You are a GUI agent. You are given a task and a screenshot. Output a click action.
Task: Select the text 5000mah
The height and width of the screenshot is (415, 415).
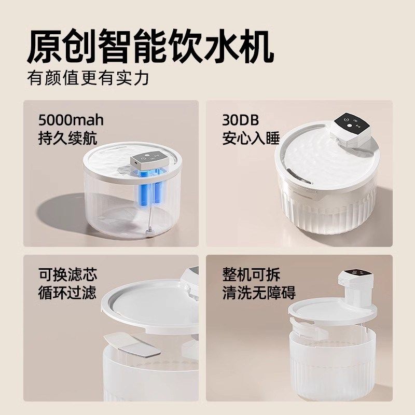tap(71, 120)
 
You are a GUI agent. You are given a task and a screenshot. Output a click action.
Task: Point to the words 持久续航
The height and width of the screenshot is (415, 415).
tap(67, 138)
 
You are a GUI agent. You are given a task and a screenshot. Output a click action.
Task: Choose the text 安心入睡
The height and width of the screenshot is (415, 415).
tap(251, 138)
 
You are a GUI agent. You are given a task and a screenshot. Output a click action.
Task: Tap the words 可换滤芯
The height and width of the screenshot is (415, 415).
tap(67, 274)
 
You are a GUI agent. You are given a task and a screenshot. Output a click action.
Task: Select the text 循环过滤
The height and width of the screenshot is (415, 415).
tap(67, 292)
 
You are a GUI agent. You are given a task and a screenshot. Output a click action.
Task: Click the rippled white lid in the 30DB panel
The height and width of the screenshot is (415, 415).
tap(322, 161)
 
